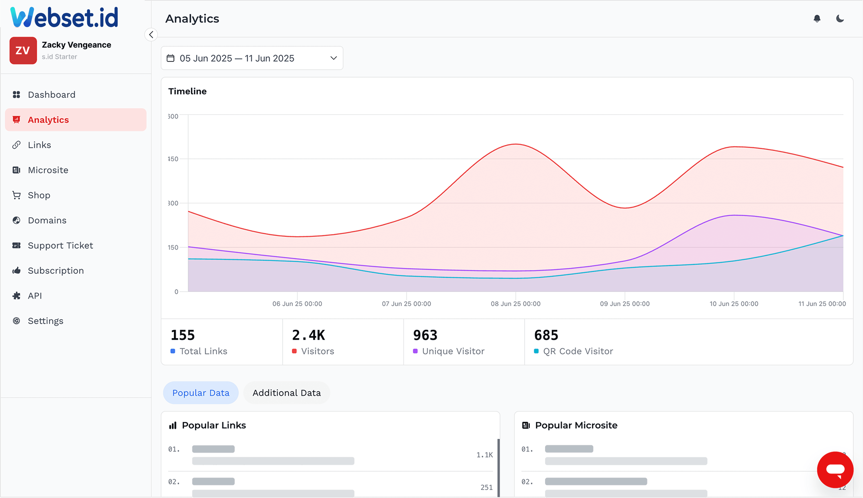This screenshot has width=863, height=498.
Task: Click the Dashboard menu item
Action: [51, 95]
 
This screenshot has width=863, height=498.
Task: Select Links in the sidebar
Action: [39, 145]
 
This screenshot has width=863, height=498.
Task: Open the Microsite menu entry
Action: [48, 170]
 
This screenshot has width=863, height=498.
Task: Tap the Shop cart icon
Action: [16, 195]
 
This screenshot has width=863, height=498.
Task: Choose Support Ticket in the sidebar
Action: [60, 246]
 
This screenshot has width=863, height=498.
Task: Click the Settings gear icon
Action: [16, 321]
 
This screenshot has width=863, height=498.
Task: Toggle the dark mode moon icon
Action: [840, 18]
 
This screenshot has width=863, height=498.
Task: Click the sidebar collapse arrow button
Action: [151, 35]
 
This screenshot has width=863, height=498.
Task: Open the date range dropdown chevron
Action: [334, 58]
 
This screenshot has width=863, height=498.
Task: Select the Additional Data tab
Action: [286, 393]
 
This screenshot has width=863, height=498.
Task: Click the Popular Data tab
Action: [200, 393]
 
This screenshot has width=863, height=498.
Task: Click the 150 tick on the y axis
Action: [173, 247]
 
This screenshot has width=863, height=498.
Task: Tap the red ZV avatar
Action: [23, 51]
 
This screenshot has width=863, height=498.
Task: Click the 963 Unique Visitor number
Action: [425, 335]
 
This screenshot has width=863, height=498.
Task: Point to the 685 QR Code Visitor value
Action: [546, 335]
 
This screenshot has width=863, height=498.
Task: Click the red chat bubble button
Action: [835, 470]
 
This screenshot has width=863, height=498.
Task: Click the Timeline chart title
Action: [187, 91]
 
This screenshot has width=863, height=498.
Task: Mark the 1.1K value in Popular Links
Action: [485, 455]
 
